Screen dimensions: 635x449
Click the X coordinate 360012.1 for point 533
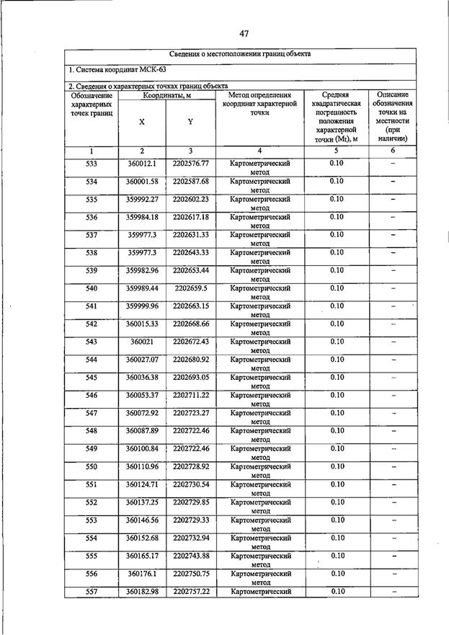click(x=141, y=164)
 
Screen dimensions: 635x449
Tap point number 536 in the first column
click(x=92, y=217)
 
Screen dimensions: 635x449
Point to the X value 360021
click(x=141, y=342)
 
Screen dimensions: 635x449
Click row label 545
click(x=92, y=377)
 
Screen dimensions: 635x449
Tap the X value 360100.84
click(x=141, y=448)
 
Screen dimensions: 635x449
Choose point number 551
click(x=92, y=484)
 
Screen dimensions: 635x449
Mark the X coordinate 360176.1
click(x=141, y=574)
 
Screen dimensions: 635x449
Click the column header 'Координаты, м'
click(x=166, y=96)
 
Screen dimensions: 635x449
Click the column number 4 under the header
click(x=259, y=151)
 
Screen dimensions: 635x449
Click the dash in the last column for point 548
click(x=394, y=431)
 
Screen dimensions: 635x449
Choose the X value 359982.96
click(x=141, y=270)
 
